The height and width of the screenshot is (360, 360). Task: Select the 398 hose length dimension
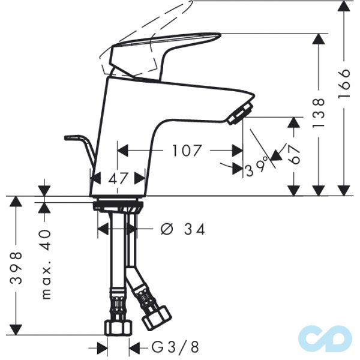(18, 271)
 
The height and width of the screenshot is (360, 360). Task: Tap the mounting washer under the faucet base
(119, 206)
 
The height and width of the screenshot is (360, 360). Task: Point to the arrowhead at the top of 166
(344, 7)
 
